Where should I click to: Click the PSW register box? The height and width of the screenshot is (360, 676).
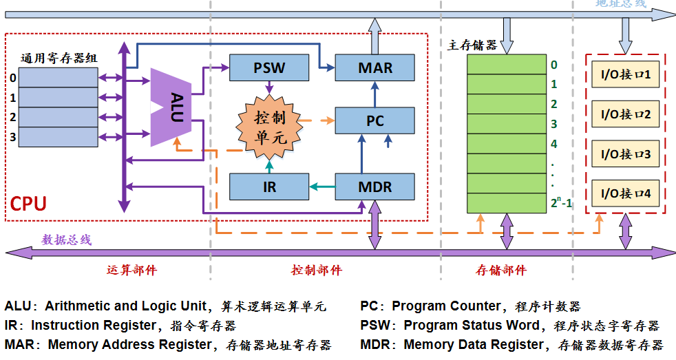[268, 67]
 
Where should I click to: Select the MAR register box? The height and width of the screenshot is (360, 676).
[374, 67]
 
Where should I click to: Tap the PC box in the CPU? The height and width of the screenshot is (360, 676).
[374, 120]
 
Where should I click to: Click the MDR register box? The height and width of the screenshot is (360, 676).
[374, 187]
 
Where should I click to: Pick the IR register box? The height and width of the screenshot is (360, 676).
[268, 187]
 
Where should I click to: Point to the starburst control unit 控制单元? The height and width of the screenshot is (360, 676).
[269, 127]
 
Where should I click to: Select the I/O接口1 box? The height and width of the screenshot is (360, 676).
[625, 74]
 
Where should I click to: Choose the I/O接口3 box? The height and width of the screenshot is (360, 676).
[625, 153]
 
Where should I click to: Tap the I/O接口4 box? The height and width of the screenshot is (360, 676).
[625, 193]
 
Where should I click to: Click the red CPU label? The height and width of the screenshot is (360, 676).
[28, 204]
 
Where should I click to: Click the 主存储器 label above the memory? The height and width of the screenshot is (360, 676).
[472, 45]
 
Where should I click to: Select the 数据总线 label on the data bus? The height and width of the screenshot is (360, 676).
[66, 240]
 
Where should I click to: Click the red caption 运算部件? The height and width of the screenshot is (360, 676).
[132, 270]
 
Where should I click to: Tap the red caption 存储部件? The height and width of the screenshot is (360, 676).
[501, 270]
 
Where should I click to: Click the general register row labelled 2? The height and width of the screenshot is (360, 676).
[58, 117]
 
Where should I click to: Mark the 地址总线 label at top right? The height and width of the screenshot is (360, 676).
[621, 3]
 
